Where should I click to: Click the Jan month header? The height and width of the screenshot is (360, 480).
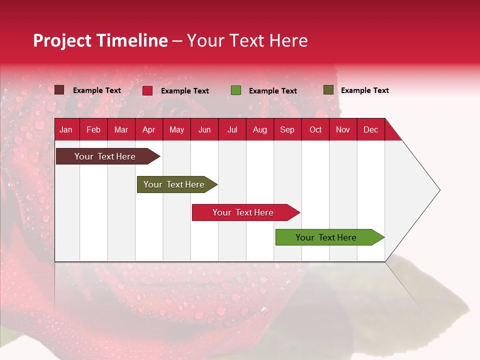pyautogui.click(x=66, y=130)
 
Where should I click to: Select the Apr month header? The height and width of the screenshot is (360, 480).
pyautogui.click(x=148, y=130)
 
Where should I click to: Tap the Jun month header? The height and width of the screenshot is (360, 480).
pyautogui.click(x=204, y=130)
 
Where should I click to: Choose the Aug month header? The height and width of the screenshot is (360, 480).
pyautogui.click(x=259, y=130)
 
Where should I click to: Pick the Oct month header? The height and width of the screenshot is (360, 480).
pyautogui.click(x=315, y=130)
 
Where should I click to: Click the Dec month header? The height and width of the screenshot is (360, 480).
pyautogui.click(x=370, y=130)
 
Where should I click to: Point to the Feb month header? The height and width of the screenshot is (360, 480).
pyautogui.click(x=93, y=130)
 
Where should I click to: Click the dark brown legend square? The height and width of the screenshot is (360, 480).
pyautogui.click(x=59, y=90)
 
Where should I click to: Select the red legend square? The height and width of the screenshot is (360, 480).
pyautogui.click(x=147, y=90)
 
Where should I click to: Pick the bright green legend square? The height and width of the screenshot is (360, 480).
pyautogui.click(x=236, y=90)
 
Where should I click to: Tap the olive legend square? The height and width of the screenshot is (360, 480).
pyautogui.click(x=328, y=90)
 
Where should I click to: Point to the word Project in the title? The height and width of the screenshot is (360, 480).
pyautogui.click(x=62, y=40)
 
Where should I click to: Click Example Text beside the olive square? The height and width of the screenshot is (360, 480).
pyautogui.click(x=364, y=90)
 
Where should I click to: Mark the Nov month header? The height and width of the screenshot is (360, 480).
pyautogui.click(x=343, y=130)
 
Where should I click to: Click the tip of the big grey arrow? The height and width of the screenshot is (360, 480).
pyautogui.click(x=438, y=190)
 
